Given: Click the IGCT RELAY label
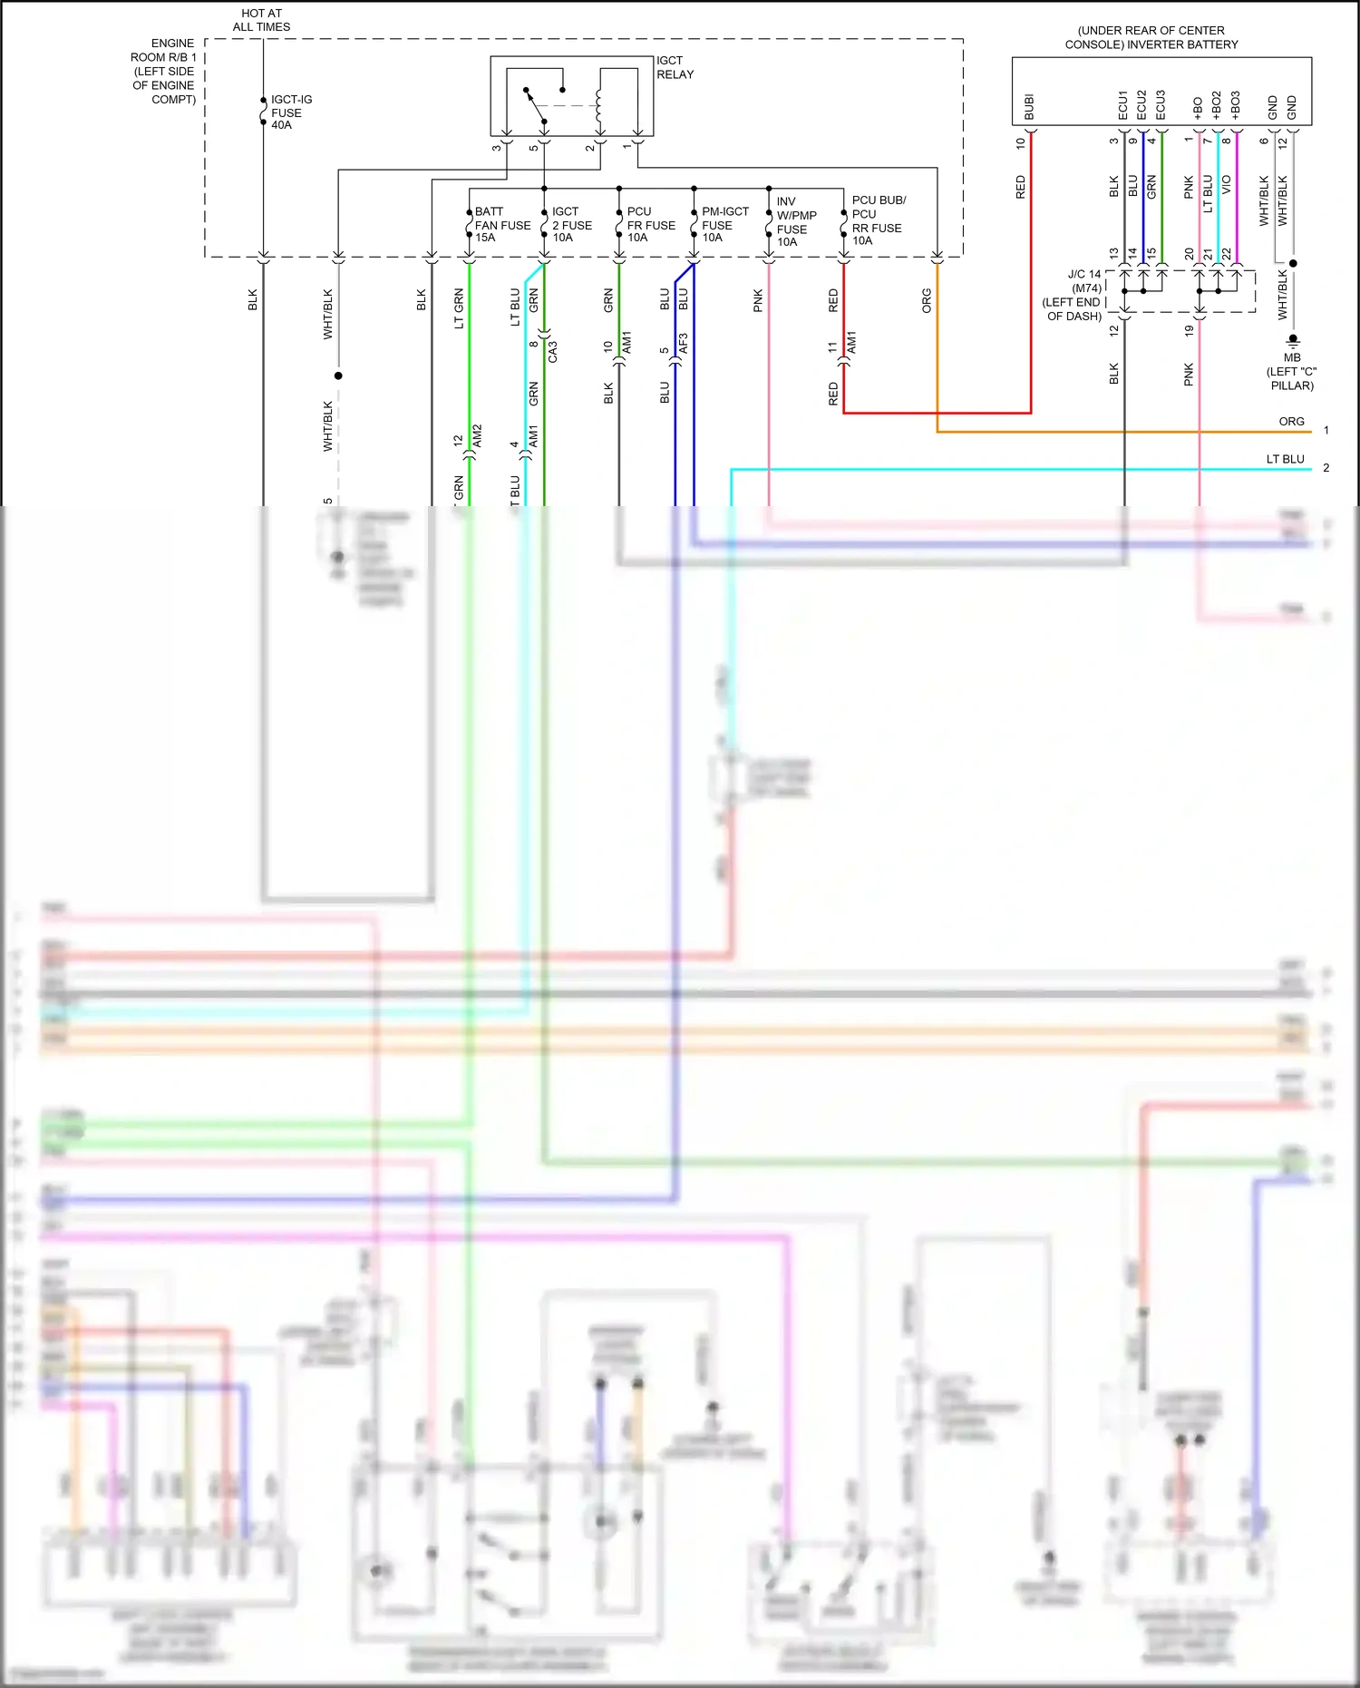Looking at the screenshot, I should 675,68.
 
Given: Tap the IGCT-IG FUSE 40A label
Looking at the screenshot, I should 291,112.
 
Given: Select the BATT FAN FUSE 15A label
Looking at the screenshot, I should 502,225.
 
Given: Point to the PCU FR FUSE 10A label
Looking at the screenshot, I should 651,225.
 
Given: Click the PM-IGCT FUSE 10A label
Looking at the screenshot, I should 725,225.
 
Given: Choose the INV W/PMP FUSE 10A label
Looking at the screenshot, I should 796,222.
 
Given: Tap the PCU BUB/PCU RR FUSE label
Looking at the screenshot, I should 878,220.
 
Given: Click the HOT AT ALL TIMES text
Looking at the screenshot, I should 261,20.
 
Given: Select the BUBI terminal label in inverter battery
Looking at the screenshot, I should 1029,107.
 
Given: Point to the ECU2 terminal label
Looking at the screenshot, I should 1142,104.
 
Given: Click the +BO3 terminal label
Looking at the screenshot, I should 1236,104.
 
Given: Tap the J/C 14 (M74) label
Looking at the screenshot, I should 1084,281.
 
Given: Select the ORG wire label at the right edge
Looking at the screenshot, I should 1291,422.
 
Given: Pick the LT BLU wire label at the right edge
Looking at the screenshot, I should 1285,459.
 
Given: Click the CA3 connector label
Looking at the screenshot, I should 553,352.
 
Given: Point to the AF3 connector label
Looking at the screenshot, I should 684,344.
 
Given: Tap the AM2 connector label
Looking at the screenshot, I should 478,434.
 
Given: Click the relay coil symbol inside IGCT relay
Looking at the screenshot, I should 598,108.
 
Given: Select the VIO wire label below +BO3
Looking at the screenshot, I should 1227,185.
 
